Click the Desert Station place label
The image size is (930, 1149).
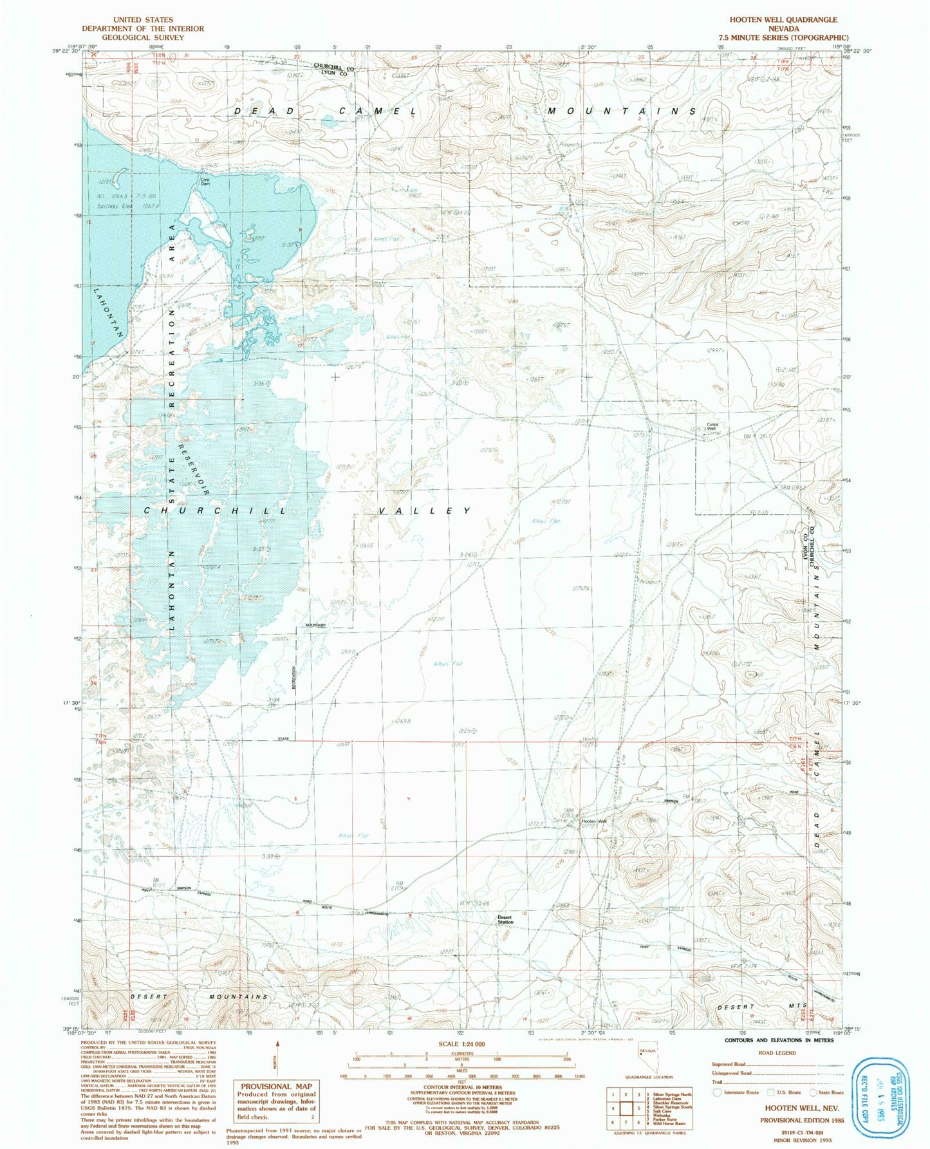505,920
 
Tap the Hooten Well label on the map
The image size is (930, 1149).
593,821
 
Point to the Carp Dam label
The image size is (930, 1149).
206,182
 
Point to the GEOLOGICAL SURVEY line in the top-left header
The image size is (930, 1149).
142,37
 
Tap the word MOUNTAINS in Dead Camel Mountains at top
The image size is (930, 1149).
621,111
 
